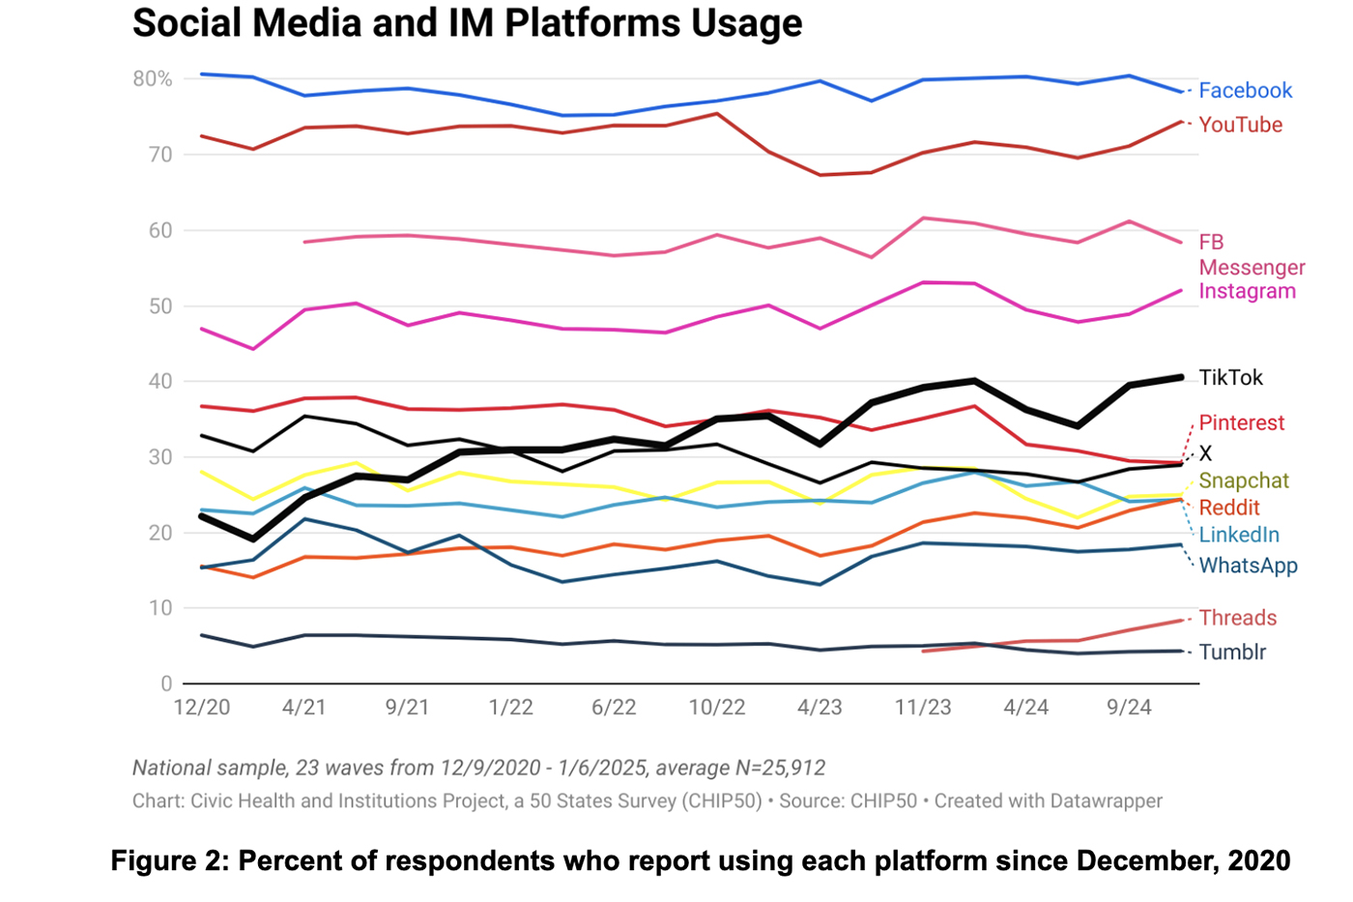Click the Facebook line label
tap(1245, 91)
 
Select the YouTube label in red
tap(1240, 125)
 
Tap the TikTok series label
tap(1230, 378)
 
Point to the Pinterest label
tap(1241, 422)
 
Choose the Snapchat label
tap(1243, 480)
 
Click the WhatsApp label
tap(1248, 566)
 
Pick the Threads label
tap(1237, 618)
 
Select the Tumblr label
tap(1232, 652)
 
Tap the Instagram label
tap(1247, 291)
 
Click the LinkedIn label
tap(1238, 535)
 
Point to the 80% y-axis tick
tap(153, 79)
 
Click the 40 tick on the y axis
tap(160, 382)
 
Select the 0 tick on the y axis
tap(166, 684)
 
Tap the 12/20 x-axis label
tap(202, 708)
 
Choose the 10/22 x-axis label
tap(716, 708)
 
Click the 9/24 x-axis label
tap(1128, 708)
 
